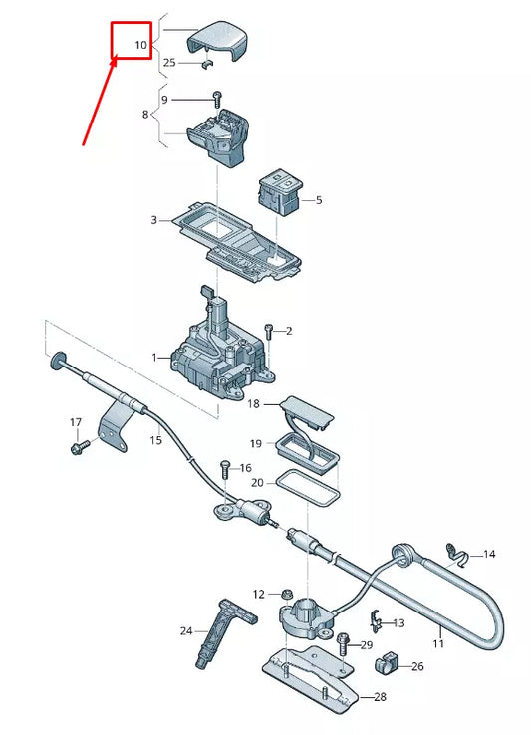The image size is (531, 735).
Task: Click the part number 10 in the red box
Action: pyautogui.click(x=139, y=46)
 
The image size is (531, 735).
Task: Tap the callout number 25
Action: pyautogui.click(x=169, y=63)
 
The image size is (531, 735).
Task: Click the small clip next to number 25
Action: pyautogui.click(x=207, y=65)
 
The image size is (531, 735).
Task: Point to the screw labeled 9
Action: pyautogui.click(x=215, y=98)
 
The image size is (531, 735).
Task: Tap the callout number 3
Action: pyautogui.click(x=153, y=219)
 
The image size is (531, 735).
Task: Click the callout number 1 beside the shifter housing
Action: pyautogui.click(x=154, y=357)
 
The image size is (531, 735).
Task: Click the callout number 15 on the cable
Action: pyautogui.click(x=155, y=439)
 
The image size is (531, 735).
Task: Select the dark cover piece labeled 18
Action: pyautogui.click(x=306, y=409)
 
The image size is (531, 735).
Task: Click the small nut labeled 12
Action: pyautogui.click(x=285, y=594)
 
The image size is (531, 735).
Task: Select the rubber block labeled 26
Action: pyautogui.click(x=386, y=664)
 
